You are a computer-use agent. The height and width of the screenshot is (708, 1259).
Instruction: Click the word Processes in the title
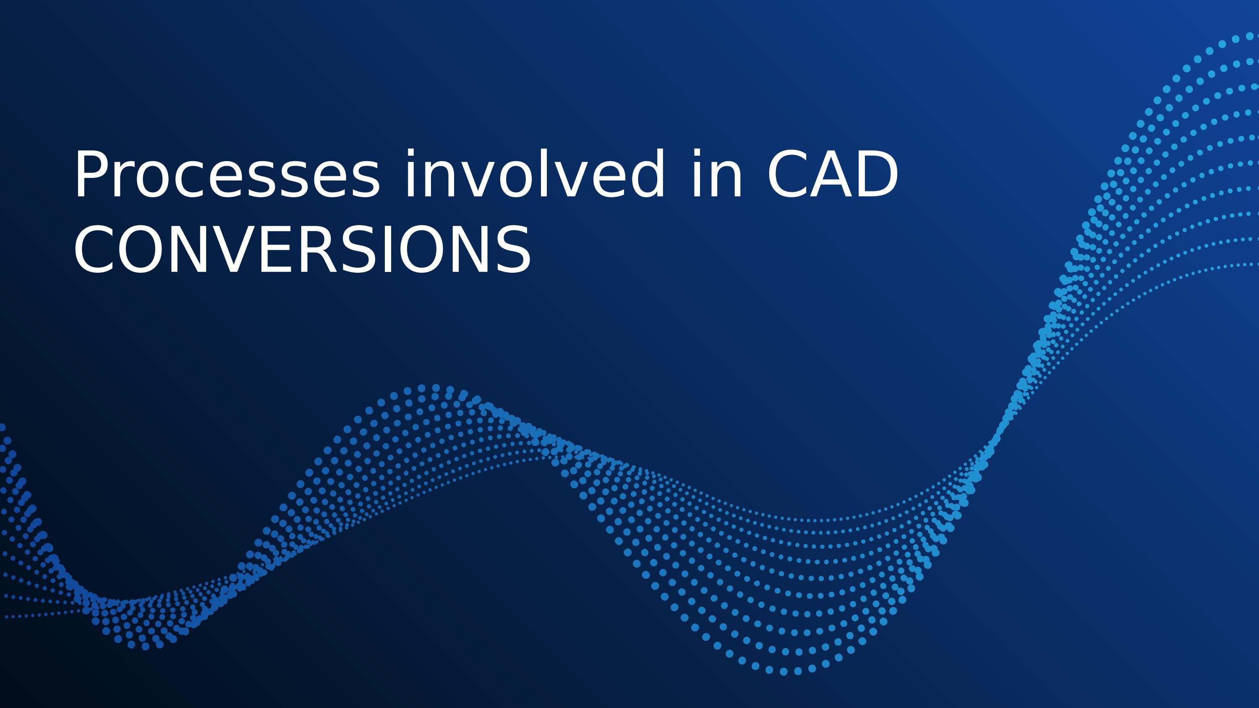tap(226, 176)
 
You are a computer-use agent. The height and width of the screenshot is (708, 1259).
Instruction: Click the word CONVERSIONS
tap(302, 249)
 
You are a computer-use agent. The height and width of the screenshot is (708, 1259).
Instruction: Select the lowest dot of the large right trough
tap(784, 671)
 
